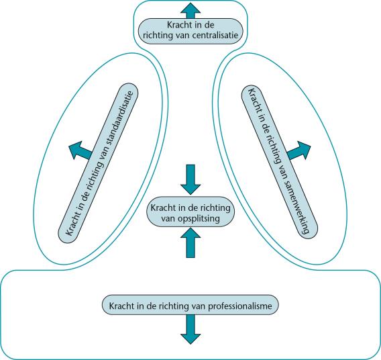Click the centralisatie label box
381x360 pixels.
190,31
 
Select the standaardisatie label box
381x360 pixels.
98,163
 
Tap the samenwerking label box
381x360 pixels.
280,161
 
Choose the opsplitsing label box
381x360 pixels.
190,212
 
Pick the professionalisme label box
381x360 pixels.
190,305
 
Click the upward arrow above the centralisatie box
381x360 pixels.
190,11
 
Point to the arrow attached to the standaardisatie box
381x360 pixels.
80,150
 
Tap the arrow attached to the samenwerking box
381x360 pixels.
299,151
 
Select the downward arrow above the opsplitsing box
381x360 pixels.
190,179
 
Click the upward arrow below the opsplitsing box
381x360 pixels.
190,242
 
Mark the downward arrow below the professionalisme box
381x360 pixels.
190,330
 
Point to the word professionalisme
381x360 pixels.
240,306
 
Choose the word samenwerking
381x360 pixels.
296,206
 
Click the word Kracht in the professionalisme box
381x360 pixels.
120,306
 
